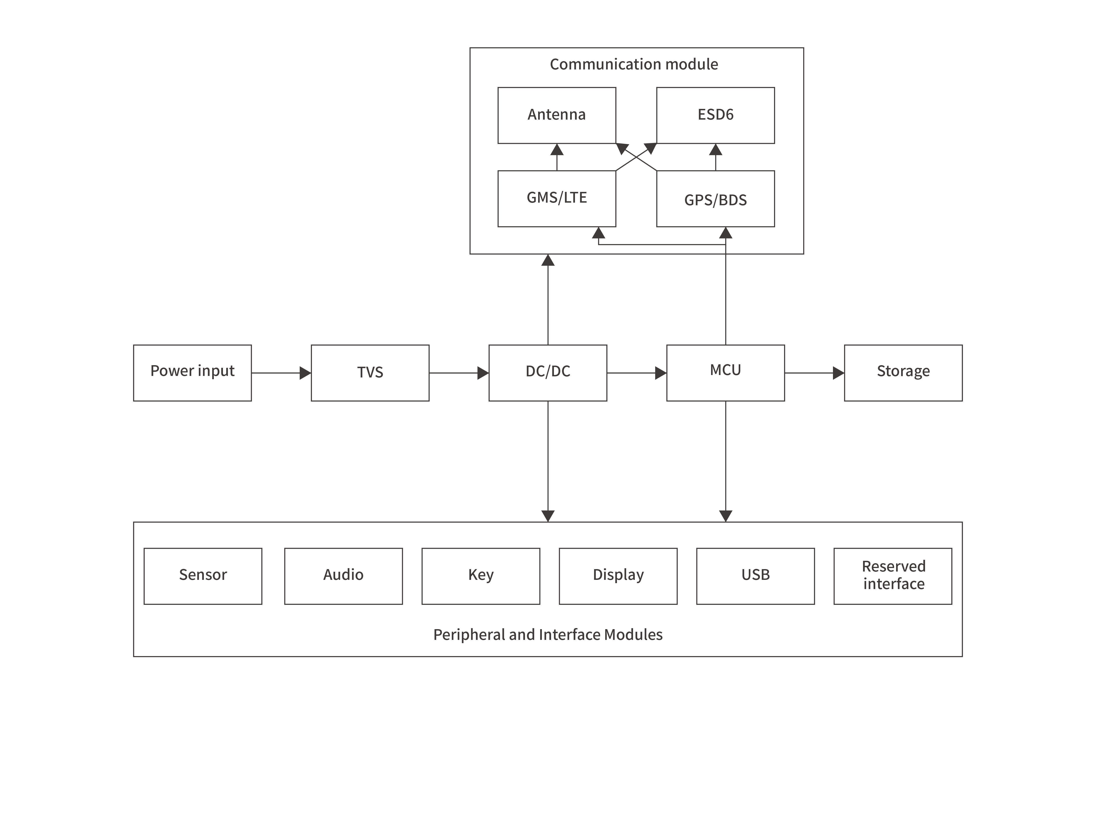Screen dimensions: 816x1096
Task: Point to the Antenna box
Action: [556, 115]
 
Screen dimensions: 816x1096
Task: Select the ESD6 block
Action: [715, 115]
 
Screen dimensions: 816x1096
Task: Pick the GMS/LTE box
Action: [556, 198]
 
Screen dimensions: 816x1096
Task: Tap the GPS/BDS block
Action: [715, 198]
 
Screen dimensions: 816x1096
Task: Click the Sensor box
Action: [203, 576]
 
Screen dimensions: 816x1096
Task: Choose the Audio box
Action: [343, 576]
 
